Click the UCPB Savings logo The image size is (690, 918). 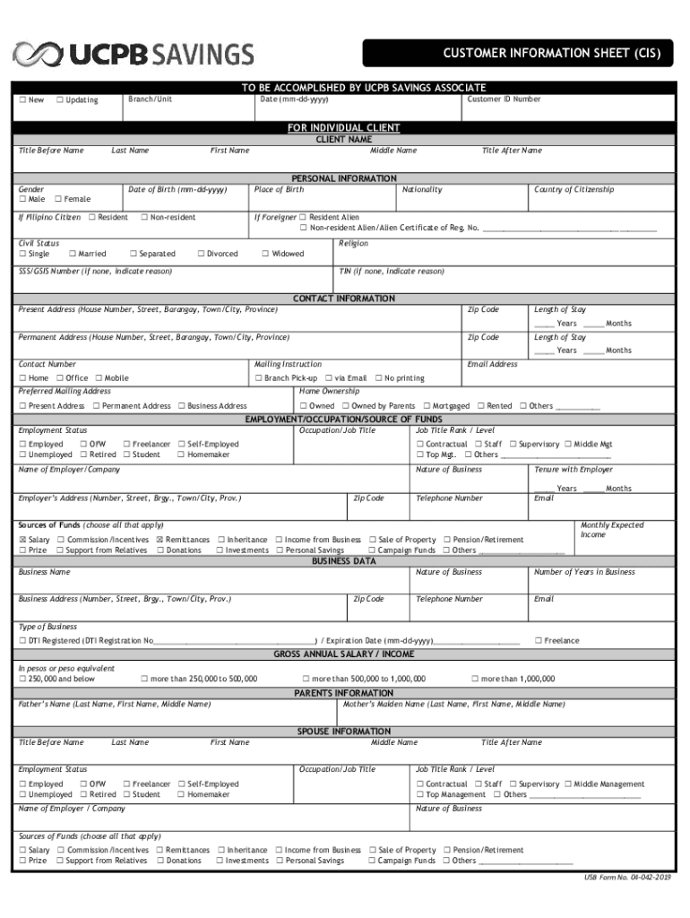132,55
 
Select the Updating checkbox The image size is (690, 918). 60,100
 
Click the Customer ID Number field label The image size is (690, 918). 504,99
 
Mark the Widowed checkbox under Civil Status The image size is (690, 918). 265,254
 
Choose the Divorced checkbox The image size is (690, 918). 201,254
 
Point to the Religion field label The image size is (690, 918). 354,243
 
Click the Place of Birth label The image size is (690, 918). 279,189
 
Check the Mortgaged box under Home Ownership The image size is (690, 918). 427,406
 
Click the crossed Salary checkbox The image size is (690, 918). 22,540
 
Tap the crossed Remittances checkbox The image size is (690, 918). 160,540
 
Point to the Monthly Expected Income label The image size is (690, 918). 612,530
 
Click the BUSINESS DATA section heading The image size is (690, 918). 344,561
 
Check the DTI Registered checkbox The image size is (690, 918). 22,641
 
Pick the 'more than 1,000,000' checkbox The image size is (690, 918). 475,679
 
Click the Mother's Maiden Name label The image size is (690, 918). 454,704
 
